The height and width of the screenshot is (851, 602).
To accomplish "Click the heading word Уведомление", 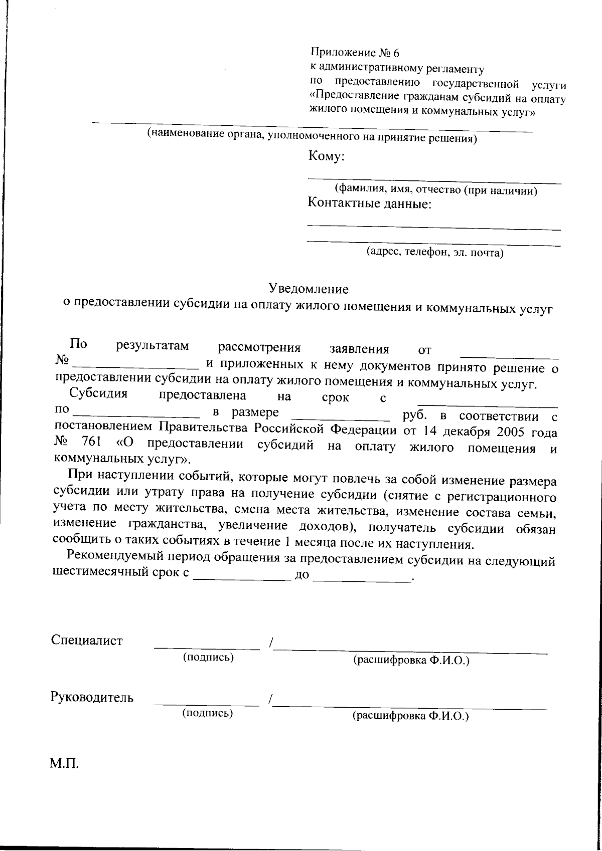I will (308, 289).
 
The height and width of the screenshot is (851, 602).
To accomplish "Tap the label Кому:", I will (326, 156).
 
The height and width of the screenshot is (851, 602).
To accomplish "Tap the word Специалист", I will (86, 640).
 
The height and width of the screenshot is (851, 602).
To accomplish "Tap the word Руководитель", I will (92, 697).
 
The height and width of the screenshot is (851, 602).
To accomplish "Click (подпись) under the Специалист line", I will (208, 657).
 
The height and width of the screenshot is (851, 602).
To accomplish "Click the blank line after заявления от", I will (509, 357).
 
